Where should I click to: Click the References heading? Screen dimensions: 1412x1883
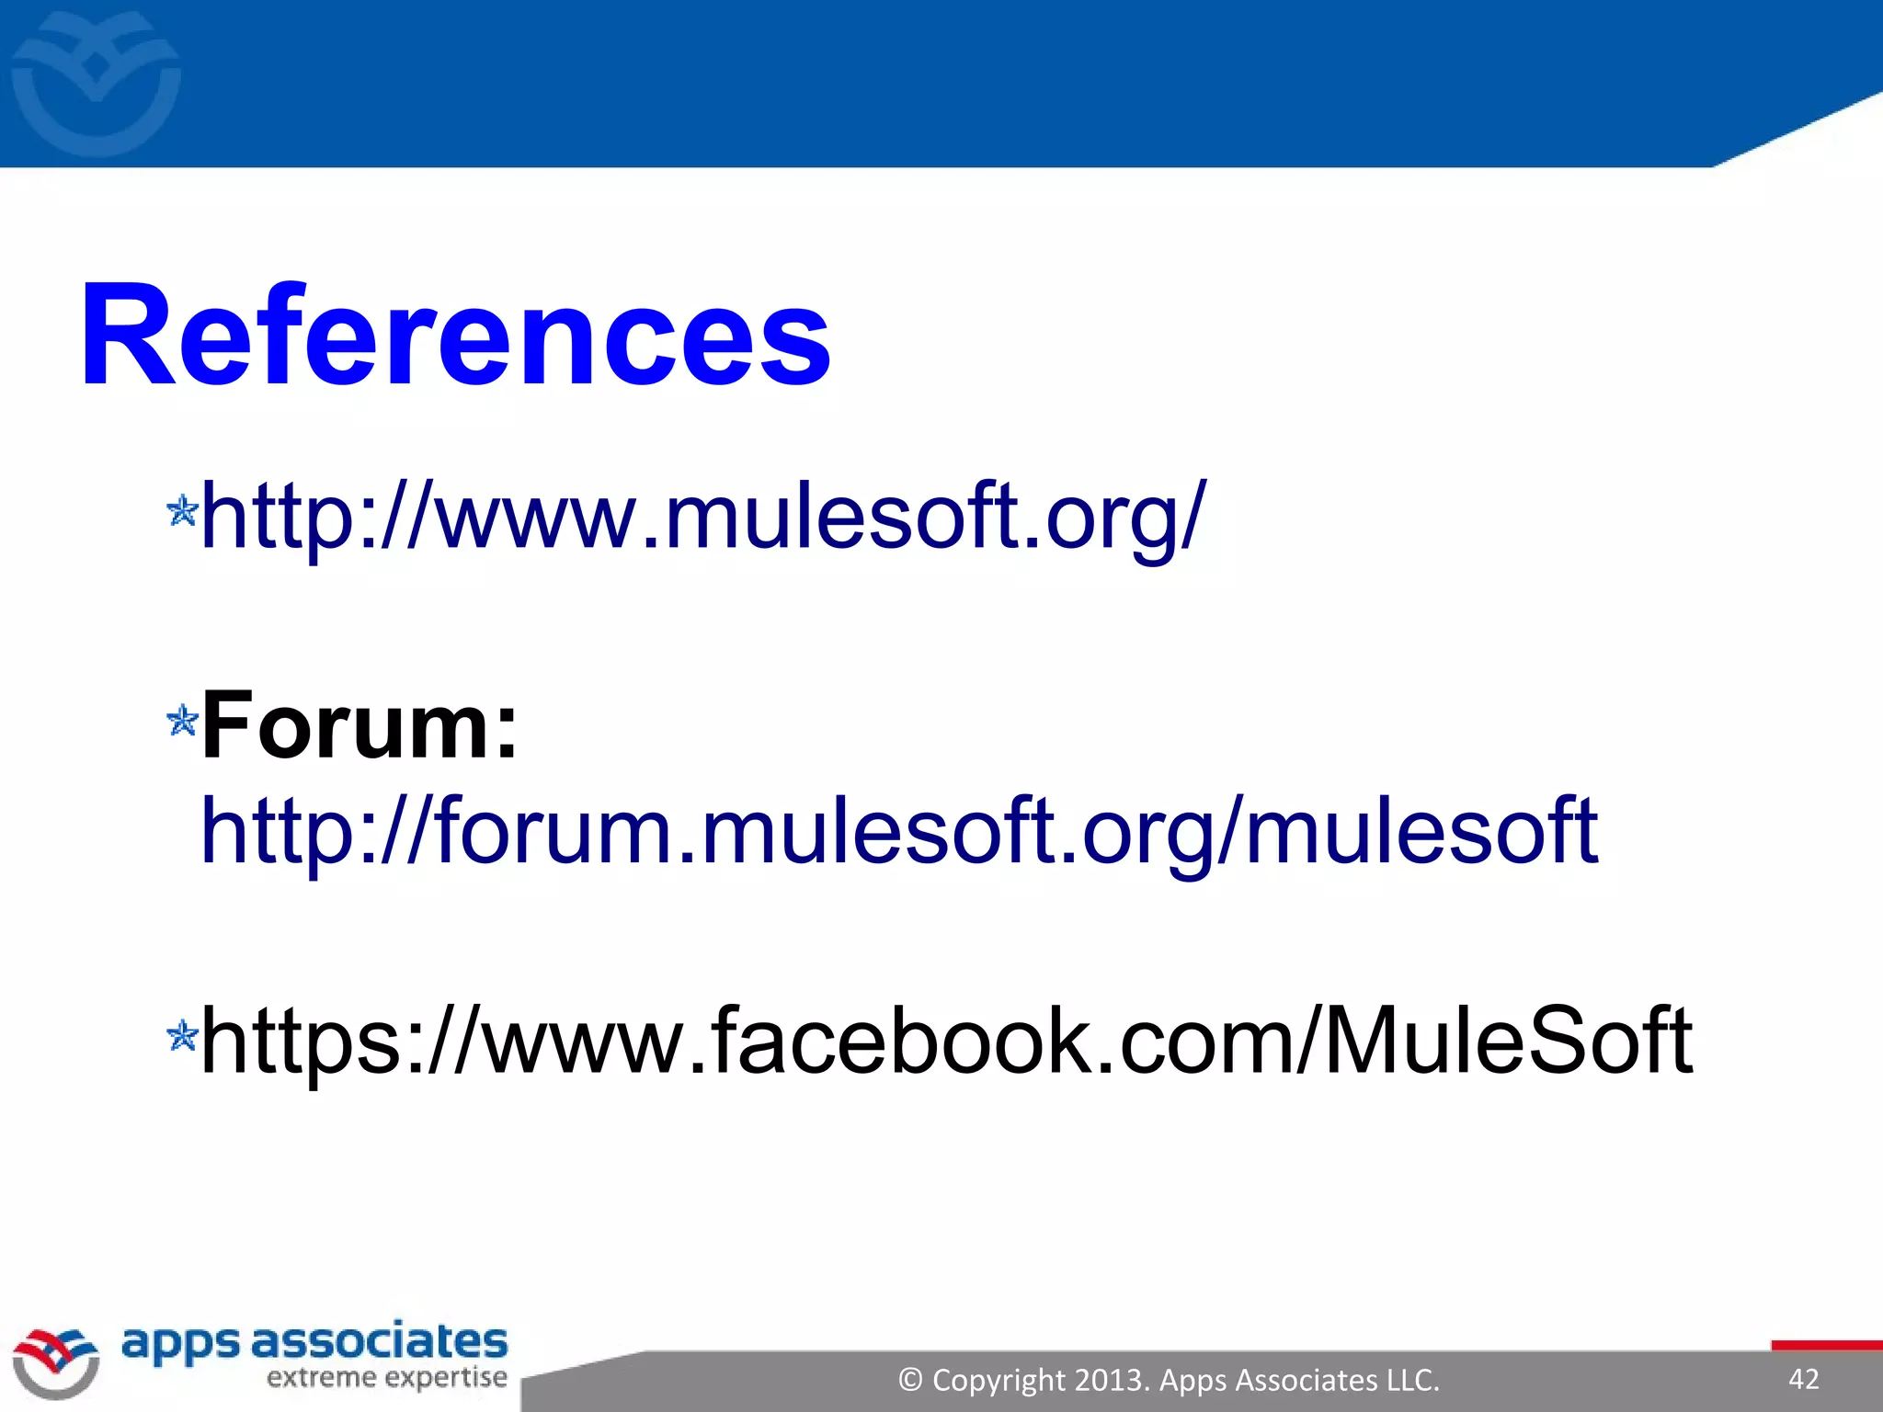click(455, 336)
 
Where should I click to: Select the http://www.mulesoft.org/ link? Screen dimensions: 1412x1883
click(703, 517)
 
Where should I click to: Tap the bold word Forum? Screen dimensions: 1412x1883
click(359, 726)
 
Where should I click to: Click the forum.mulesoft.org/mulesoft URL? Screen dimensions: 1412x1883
click(899, 831)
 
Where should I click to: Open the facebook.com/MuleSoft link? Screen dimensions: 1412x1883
click(946, 1041)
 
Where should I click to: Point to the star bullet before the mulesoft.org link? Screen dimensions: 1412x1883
click(182, 511)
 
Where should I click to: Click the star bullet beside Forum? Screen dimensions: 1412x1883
click(182, 721)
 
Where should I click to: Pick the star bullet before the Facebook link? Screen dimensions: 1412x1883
click(182, 1036)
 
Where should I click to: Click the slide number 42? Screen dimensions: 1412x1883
click(1804, 1379)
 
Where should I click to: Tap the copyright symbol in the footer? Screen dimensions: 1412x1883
click(910, 1380)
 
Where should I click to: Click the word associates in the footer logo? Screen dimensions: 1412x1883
click(379, 1342)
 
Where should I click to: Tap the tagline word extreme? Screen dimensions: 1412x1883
click(322, 1378)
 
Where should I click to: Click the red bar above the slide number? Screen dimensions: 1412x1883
click(1826, 1346)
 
